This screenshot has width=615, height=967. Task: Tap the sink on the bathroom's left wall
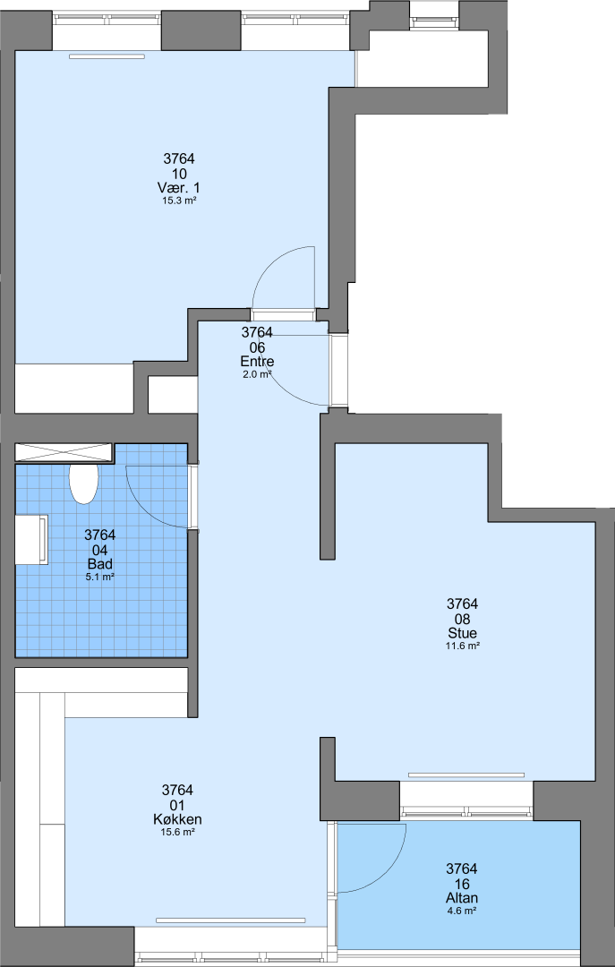click(x=31, y=540)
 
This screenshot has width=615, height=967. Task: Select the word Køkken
click(x=177, y=819)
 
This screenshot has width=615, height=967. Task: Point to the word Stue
click(x=463, y=633)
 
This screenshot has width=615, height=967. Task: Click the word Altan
click(x=462, y=899)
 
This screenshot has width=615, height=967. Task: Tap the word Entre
click(x=257, y=362)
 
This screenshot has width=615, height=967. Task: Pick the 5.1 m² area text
click(x=100, y=578)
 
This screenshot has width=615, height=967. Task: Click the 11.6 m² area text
click(x=463, y=646)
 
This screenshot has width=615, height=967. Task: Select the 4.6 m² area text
click(x=462, y=911)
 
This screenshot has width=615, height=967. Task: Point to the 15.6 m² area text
click(x=177, y=832)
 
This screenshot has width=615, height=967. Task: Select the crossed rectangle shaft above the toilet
click(x=64, y=452)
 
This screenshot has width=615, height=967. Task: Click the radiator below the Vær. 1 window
click(x=107, y=56)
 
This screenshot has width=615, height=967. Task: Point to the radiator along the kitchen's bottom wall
click(x=231, y=920)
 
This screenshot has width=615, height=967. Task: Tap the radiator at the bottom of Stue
click(x=466, y=775)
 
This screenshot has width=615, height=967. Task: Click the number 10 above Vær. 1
click(x=180, y=174)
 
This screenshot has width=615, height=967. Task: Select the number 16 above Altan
click(x=462, y=884)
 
